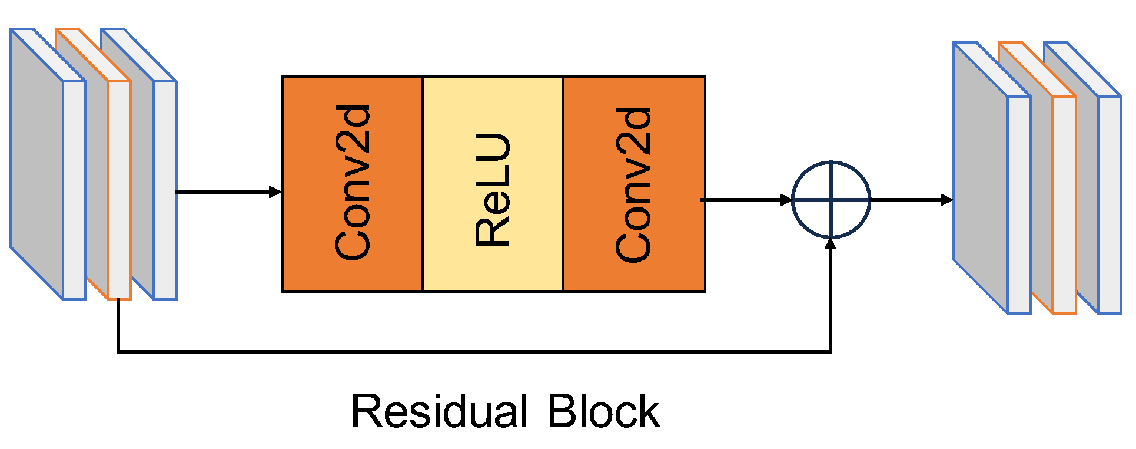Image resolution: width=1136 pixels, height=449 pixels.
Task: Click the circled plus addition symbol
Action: [831, 200]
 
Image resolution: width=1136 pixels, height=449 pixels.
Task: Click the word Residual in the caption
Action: [439, 411]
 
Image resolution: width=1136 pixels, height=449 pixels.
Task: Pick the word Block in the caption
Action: [603, 411]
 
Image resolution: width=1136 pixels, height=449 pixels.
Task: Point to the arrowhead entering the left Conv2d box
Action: [275, 192]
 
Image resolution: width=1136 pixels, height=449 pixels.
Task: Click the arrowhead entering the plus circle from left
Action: [786, 200]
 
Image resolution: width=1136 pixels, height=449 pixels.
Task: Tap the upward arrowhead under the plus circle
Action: [831, 244]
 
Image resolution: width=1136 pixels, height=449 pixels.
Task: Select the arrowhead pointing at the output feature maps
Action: [946, 200]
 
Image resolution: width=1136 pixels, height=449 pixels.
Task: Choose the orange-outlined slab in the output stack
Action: [1064, 203]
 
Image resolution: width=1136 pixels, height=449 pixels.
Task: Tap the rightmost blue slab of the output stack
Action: [1109, 203]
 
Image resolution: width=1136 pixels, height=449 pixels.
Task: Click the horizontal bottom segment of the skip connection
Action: [471, 352]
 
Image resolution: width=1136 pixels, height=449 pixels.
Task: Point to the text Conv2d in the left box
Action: [352, 183]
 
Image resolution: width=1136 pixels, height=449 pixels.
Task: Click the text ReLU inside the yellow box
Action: [493, 190]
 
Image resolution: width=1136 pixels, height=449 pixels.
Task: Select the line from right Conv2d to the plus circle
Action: [742, 200]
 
